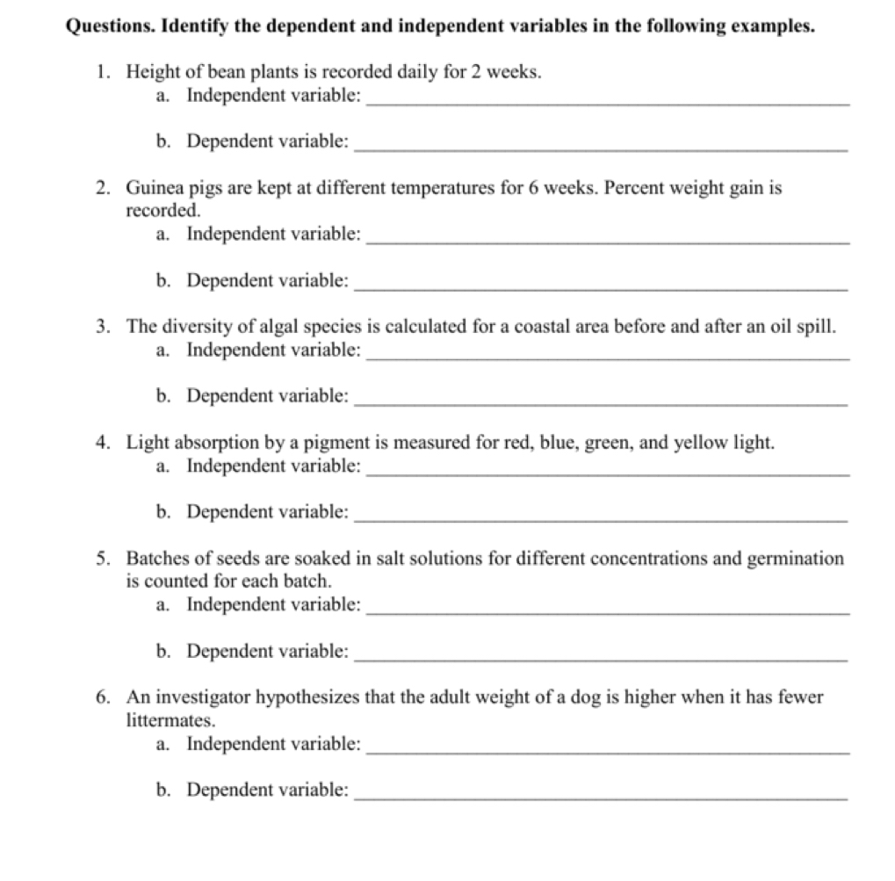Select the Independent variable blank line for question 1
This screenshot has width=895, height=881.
[x=607, y=104]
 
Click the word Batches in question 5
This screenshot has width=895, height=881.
[x=156, y=559]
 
